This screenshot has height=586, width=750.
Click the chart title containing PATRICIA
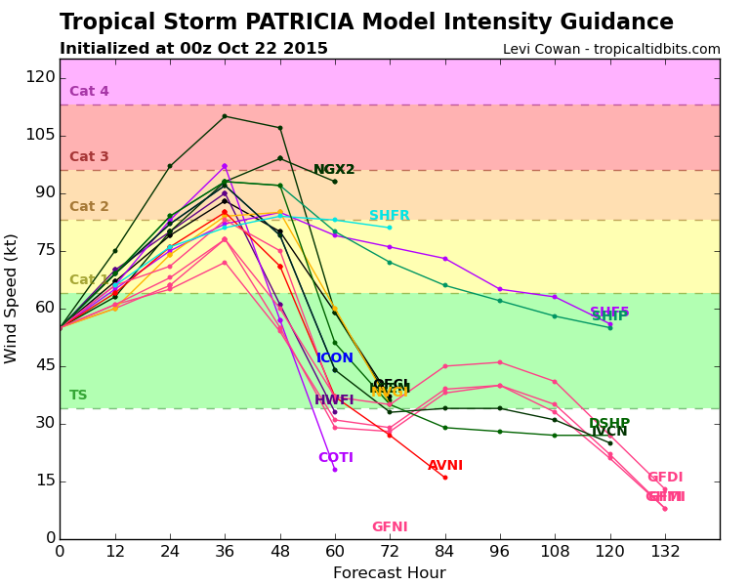pos(366,22)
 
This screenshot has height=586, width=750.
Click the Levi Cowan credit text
pos(611,49)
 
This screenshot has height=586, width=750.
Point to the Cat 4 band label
pos(89,92)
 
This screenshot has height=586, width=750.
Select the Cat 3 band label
pos(89,157)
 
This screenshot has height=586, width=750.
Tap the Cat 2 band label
pos(89,207)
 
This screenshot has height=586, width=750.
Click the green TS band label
pos(78,396)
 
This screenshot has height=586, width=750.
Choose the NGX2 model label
pos(334,170)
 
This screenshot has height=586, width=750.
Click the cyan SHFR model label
pos(389,216)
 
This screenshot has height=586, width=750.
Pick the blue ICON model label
pos(335,358)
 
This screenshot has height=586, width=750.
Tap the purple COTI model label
pos(335,458)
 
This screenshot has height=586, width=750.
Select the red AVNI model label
pos(445,466)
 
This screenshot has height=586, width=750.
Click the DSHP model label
pos(608,423)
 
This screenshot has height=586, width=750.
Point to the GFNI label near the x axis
pos(389,527)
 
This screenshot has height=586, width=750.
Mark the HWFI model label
pos(334,400)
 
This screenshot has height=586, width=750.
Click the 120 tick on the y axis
pos(40,77)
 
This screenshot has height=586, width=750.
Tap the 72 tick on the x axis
pos(389,551)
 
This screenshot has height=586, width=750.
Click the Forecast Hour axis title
pos(389,573)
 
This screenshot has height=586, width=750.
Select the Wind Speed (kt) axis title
pos(12,298)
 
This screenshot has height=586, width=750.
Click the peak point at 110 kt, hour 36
pos(225,116)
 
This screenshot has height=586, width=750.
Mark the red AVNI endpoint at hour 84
pos(444,478)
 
